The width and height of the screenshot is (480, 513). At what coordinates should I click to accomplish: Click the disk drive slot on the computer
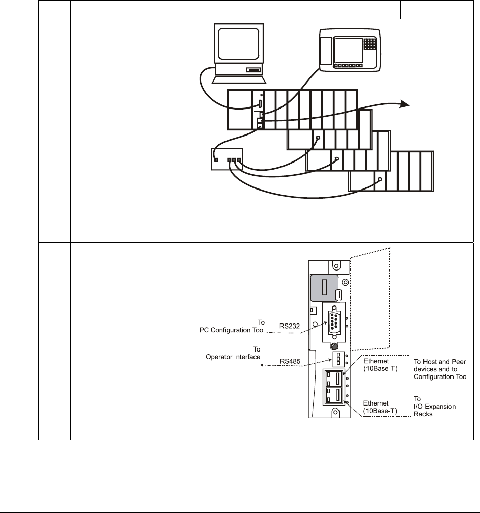[x=253, y=70]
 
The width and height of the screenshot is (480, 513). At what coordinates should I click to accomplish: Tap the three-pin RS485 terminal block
[x=336, y=360]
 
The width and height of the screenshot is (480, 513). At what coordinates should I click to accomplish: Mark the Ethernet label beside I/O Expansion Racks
[x=375, y=402]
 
